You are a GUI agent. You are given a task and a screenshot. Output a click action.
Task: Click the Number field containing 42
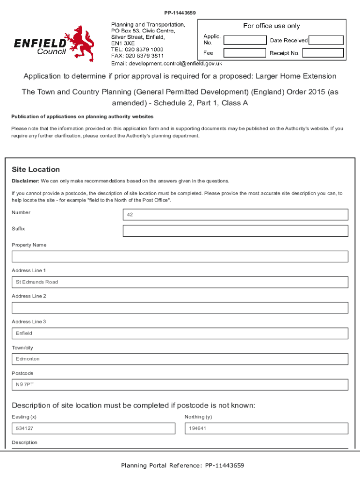point(235,215)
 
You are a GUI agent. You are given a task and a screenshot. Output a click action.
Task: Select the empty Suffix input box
point(235,231)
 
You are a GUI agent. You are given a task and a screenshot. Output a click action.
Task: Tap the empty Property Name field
point(180,256)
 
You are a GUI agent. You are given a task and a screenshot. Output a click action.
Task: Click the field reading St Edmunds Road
point(180,282)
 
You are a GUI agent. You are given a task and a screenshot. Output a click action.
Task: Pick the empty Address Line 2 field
point(180,308)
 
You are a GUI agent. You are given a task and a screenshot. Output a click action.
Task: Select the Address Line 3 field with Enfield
point(180,334)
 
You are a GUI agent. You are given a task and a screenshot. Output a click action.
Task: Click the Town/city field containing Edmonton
point(180,359)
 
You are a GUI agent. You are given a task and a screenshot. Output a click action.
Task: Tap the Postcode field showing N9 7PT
point(180,385)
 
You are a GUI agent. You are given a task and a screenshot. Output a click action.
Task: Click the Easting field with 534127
point(94,428)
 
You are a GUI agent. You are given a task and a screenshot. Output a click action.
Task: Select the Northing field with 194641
point(266,428)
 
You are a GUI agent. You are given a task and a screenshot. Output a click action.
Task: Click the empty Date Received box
point(326,40)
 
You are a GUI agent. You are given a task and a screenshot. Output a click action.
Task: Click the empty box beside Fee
point(244,53)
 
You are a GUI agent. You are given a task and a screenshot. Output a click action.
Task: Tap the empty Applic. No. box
point(244,39)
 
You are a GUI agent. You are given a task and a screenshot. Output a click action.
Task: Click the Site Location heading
point(36,169)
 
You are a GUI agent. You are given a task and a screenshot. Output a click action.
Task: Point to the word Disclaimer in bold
point(25,181)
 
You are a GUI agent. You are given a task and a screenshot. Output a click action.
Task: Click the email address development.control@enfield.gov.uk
point(166,64)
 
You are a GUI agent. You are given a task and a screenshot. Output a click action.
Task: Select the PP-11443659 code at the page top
point(180,12)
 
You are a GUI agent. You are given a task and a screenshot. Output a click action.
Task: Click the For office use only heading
point(271,26)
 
